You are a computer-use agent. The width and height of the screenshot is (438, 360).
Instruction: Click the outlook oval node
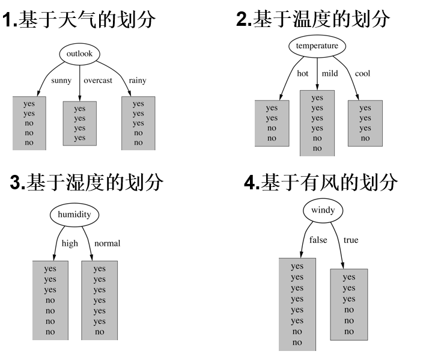pyautogui.click(x=80, y=53)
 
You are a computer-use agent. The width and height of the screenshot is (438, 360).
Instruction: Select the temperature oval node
pyautogui.click(x=317, y=46)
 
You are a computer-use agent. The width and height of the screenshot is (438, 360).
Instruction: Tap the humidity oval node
pyautogui.click(x=75, y=215)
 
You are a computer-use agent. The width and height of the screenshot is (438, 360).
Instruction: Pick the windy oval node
pyautogui.click(x=323, y=210)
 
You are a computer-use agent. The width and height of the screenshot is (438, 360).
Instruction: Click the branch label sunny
pyautogui.click(x=61, y=81)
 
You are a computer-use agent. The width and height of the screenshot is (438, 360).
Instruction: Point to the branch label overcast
pyautogui.click(x=98, y=81)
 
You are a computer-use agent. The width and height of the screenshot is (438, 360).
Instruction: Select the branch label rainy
pyautogui.click(x=138, y=81)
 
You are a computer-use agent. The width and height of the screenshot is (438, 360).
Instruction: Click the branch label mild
pyautogui.click(x=330, y=73)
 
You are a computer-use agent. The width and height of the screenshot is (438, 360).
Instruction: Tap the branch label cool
pyautogui.click(x=362, y=73)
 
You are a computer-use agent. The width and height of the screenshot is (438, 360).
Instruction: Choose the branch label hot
pyautogui.click(x=303, y=73)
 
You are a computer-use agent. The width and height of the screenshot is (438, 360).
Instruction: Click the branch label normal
pyautogui.click(x=108, y=243)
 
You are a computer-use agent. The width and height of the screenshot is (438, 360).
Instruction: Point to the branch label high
pyautogui.click(x=70, y=243)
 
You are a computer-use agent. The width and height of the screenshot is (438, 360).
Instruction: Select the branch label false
pyautogui.click(x=318, y=240)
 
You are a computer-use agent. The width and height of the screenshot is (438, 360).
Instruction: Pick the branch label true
pyautogui.click(x=351, y=240)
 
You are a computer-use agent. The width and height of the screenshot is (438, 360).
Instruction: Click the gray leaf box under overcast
pyautogui.click(x=80, y=123)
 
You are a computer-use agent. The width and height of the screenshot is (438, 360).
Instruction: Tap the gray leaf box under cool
pyautogui.click(x=365, y=123)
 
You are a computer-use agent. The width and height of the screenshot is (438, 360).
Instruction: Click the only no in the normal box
pyautogui.click(x=100, y=332)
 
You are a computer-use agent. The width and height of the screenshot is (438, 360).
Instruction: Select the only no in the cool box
pyautogui.click(x=365, y=138)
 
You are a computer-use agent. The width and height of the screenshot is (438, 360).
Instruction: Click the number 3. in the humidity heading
pyautogui.click(x=17, y=182)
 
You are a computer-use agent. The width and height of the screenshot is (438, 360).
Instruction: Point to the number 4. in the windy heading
pyautogui.click(x=252, y=182)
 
